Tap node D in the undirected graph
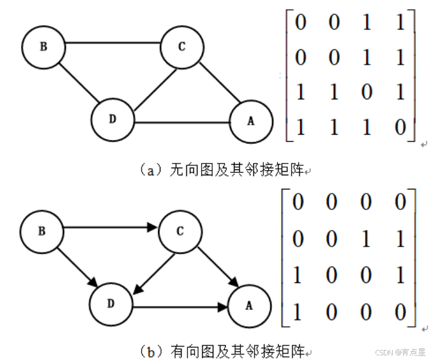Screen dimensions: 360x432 point(112,118)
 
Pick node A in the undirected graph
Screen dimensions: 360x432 point(251,121)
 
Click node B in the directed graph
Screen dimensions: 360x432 point(42,231)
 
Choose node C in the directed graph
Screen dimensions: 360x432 point(180,231)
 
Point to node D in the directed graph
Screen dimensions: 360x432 point(110,304)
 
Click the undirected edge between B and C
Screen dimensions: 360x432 point(112,43)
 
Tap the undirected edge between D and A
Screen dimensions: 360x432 point(182,122)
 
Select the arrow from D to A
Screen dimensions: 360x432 point(180,307)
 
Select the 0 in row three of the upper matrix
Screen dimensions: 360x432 point(367,94)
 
